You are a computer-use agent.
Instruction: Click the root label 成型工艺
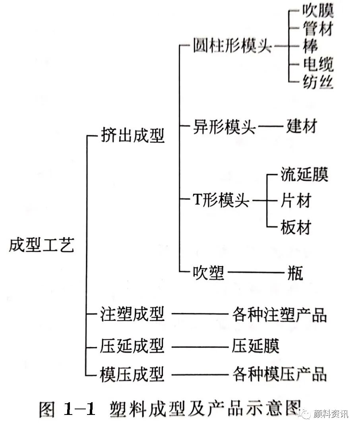point(41,245)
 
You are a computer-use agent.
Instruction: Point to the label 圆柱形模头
point(232,46)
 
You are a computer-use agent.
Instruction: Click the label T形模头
point(221,200)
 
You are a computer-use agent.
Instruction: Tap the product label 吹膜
point(317,11)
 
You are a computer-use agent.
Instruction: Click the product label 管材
point(317,29)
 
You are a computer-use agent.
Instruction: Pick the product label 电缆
point(317,64)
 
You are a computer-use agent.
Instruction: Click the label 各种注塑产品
point(279,315)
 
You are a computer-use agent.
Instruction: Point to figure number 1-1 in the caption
point(79,409)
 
